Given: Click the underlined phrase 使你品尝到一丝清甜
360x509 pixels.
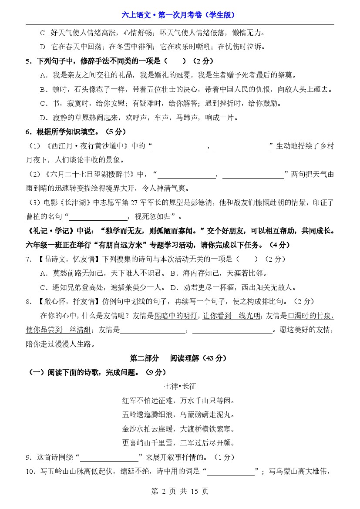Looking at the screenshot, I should point(59,330).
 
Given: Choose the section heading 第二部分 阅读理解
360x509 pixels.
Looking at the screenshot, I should point(178,358).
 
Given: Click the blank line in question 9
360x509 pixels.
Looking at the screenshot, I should point(109,457).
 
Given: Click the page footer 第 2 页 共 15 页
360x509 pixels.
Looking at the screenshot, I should point(179,491).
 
